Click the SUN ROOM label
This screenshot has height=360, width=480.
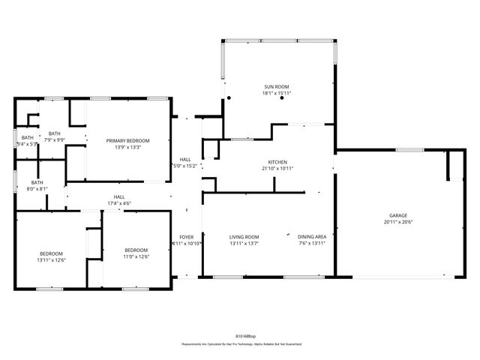276,87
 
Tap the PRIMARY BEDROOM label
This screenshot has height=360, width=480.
127,141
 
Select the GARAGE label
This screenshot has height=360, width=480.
398,215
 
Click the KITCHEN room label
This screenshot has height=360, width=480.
277,162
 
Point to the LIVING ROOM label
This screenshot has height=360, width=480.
244,237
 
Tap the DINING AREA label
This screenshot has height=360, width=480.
311,237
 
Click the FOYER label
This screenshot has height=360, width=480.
185,237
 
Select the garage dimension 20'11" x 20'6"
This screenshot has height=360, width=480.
398,222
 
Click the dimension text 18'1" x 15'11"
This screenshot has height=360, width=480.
276,94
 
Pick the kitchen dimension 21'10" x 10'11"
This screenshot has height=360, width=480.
277,169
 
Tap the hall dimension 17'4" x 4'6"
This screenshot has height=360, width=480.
118,203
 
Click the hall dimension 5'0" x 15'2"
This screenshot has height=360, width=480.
184,166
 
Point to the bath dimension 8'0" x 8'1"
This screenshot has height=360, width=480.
37,189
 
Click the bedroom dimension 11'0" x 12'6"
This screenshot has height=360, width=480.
136,257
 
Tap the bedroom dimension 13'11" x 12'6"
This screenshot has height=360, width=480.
52,259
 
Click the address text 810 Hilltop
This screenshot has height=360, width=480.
240,337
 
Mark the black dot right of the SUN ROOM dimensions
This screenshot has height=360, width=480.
282,98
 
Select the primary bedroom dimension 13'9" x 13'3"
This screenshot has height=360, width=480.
127,148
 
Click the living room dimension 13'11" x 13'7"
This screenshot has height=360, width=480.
244,244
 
